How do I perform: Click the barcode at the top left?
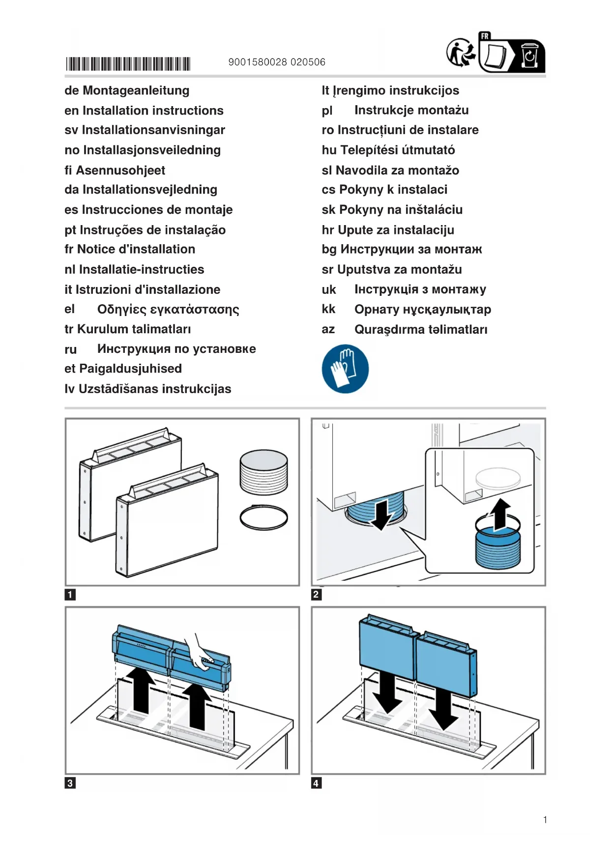128,64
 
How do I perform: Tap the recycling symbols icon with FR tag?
495,53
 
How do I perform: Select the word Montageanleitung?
136,91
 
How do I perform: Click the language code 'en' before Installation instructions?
71,111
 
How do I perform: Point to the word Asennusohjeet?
120,171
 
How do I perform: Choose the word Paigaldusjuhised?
130,369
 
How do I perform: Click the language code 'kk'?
328,309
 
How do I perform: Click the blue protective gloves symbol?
345,369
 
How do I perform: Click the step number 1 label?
70,595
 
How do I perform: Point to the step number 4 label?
317,783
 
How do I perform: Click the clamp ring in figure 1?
263,517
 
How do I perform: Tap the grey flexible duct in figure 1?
263,472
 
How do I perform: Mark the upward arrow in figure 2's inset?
500,515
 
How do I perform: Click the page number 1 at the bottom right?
545,819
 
